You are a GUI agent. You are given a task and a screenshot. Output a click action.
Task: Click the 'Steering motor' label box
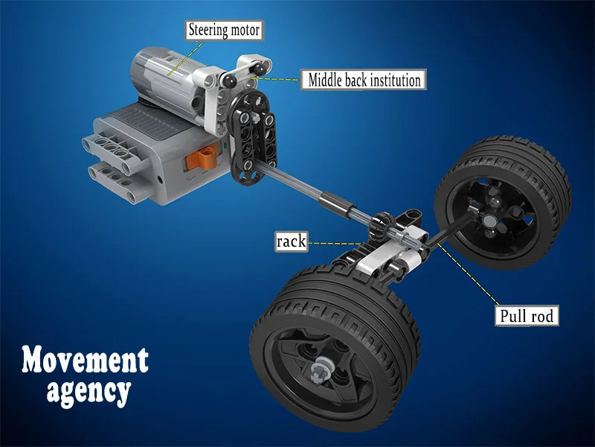[x=224, y=30]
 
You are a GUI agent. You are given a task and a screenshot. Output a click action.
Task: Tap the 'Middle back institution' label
[x=364, y=80]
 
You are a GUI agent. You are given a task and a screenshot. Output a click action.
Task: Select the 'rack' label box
[x=291, y=241]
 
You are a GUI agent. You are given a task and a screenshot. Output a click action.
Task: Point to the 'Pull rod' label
[x=527, y=315]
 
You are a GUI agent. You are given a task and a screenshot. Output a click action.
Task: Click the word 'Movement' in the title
[x=85, y=360]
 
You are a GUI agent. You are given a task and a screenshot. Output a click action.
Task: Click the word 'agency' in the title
[x=89, y=392]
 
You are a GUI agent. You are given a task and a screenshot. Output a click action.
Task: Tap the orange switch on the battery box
[x=203, y=157]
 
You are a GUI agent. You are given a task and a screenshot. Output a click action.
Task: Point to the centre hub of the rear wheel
[x=489, y=220]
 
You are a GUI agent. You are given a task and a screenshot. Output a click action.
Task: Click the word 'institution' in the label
[x=395, y=80]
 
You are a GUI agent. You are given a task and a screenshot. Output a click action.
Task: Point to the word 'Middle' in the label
[x=324, y=80]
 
